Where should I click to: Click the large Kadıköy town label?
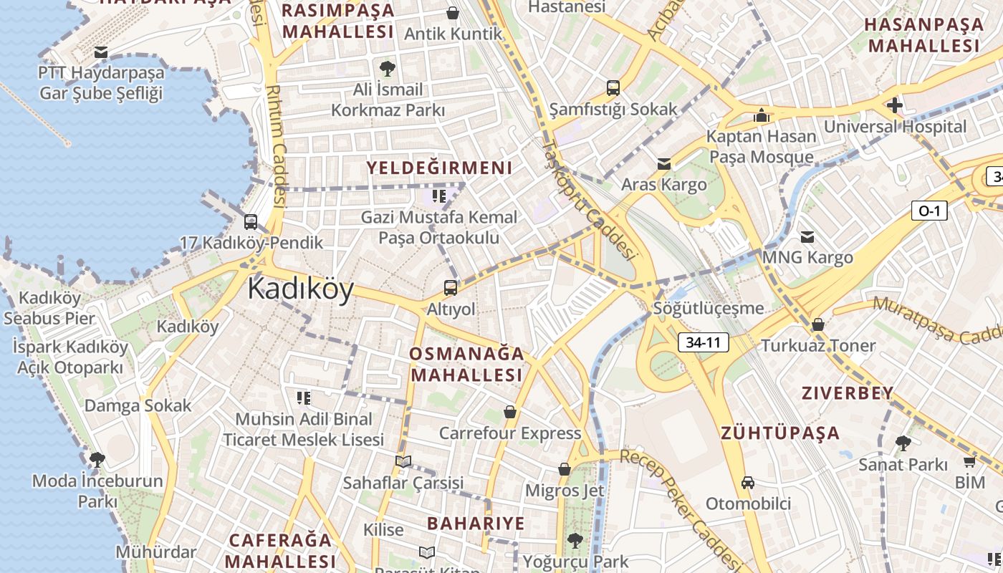coord(301,289)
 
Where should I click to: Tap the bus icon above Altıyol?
coord(450,288)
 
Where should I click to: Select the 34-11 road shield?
coord(703,342)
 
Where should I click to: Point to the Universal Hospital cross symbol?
coord(894,106)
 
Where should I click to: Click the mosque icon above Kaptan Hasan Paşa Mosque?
coord(761,115)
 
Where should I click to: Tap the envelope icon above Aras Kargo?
coord(664,164)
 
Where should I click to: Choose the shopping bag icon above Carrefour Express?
coord(510,412)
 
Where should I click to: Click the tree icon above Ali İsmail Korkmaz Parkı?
coord(388,69)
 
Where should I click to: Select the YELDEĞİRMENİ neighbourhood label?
coord(440,168)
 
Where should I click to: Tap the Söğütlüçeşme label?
coord(709,309)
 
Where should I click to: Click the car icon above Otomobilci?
coord(748,483)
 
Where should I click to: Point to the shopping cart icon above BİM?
coord(970,461)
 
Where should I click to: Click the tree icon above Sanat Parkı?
coord(903,443)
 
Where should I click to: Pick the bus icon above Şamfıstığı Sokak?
coord(613,88)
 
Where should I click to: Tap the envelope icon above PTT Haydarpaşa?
coord(101,52)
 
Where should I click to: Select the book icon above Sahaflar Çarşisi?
coord(403,462)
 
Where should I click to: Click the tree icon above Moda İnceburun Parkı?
coord(97,459)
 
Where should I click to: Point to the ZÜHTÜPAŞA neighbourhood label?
coord(779,433)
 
